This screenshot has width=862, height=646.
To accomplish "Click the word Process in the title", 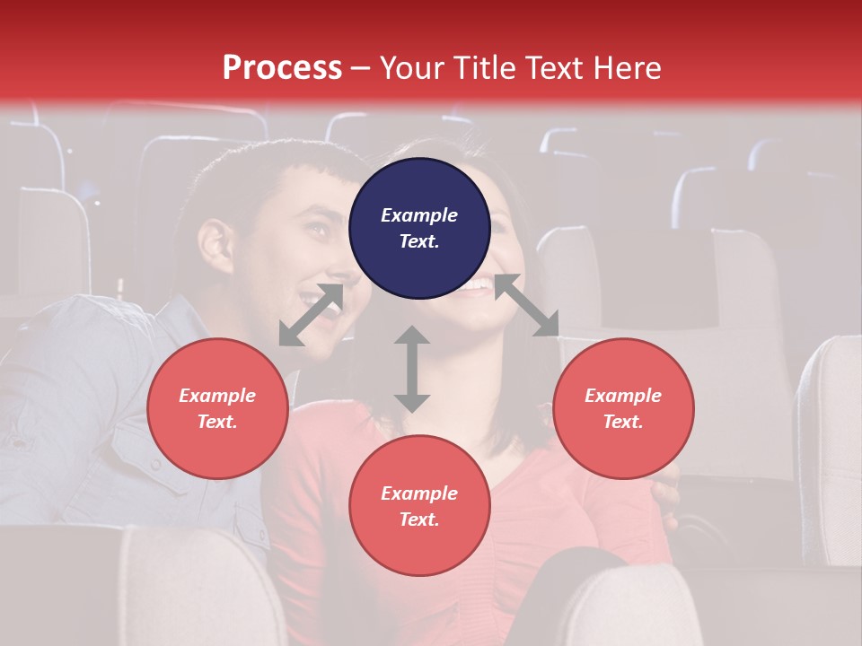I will tap(282, 68).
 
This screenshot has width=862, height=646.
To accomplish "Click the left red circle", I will tap(217, 408).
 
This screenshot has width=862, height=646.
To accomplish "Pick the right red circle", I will tap(623, 408).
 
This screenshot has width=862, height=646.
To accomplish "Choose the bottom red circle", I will tap(419, 505).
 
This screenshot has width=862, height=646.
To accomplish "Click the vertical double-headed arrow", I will tap(412, 369).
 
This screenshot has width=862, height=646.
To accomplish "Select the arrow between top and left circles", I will tap(311, 315).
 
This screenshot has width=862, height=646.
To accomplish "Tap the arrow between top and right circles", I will tap(527, 305).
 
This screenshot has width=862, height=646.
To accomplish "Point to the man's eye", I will tap(315, 230).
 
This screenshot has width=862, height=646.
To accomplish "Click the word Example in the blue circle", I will tap(419, 215).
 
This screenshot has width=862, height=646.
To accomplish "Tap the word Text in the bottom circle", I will tap(418, 519).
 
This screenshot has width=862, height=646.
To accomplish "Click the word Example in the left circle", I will tap(217, 396).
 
